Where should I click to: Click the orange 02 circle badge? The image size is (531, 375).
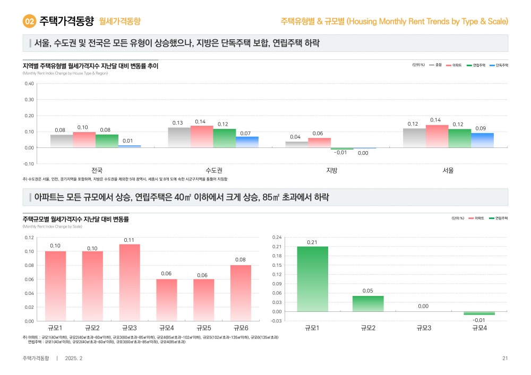(x=30, y=21)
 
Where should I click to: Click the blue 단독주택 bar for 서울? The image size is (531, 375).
(x=482, y=140)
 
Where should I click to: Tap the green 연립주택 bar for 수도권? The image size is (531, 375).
(x=224, y=138)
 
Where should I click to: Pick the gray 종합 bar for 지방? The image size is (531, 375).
(x=296, y=144)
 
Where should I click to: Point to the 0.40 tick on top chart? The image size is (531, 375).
(x=29, y=83)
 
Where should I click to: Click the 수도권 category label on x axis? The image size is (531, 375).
(x=213, y=170)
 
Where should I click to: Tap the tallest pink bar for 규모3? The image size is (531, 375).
(x=129, y=282)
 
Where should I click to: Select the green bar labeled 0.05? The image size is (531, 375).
(x=368, y=303)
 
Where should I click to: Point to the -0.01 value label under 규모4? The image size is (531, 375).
(x=479, y=320)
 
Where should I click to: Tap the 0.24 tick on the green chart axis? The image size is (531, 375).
(x=276, y=237)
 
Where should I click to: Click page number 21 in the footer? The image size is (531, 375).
(x=505, y=359)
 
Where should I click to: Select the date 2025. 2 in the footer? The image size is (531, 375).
(x=73, y=359)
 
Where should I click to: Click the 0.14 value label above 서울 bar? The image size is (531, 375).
(x=436, y=120)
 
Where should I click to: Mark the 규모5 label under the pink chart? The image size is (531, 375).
(x=203, y=328)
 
